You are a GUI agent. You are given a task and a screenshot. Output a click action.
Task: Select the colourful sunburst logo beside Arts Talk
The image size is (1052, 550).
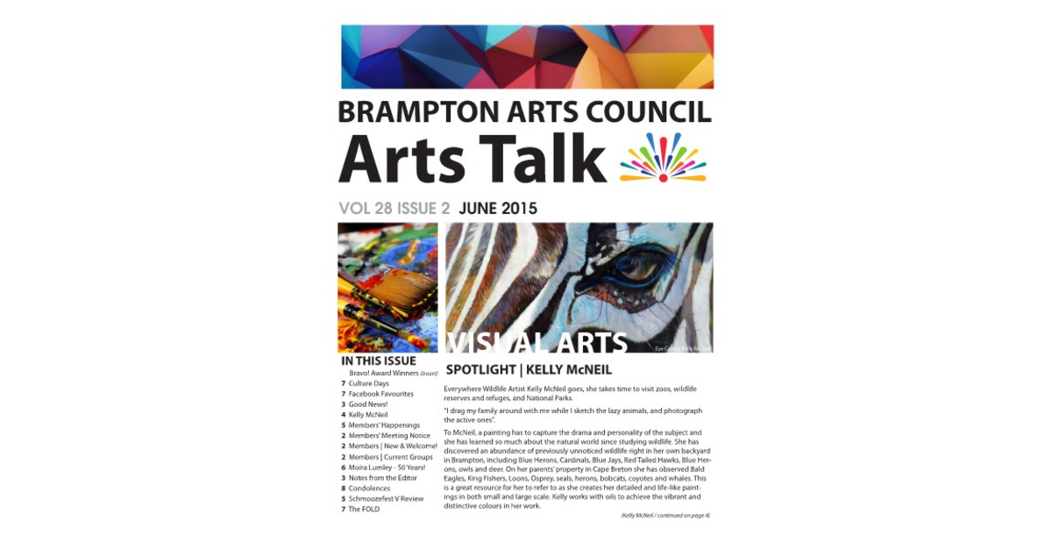tap(663, 158)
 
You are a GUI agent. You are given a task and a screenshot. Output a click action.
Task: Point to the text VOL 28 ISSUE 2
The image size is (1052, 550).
tap(394, 209)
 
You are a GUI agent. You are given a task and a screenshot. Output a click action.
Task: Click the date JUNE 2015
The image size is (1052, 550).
tap(498, 209)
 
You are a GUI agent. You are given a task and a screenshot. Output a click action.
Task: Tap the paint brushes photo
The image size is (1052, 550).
tap(387, 287)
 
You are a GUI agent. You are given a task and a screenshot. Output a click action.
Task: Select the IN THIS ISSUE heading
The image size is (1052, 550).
tap(379, 361)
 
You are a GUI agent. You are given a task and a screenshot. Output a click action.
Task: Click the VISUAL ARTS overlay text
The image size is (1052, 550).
tap(537, 341)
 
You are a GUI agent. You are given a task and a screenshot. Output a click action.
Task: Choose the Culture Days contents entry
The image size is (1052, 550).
tap(368, 383)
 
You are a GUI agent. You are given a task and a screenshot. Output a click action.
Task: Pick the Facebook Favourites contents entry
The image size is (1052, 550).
tap(380, 394)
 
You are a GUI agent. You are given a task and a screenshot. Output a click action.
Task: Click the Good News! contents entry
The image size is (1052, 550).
tap(367, 404)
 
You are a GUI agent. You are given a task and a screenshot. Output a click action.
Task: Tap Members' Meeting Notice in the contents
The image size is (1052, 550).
tap(389, 436)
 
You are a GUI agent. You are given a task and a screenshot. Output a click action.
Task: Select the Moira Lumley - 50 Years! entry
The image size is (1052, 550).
tap(387, 468)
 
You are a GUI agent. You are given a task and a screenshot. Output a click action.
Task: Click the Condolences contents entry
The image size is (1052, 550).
tap(368, 489)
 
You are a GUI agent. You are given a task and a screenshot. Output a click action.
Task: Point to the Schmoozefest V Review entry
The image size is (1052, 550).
tap(386, 499)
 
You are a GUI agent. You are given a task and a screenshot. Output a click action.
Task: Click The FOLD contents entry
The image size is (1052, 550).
tap(364, 510)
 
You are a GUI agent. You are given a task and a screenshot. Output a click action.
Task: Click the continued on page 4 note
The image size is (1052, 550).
tap(665, 516)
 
